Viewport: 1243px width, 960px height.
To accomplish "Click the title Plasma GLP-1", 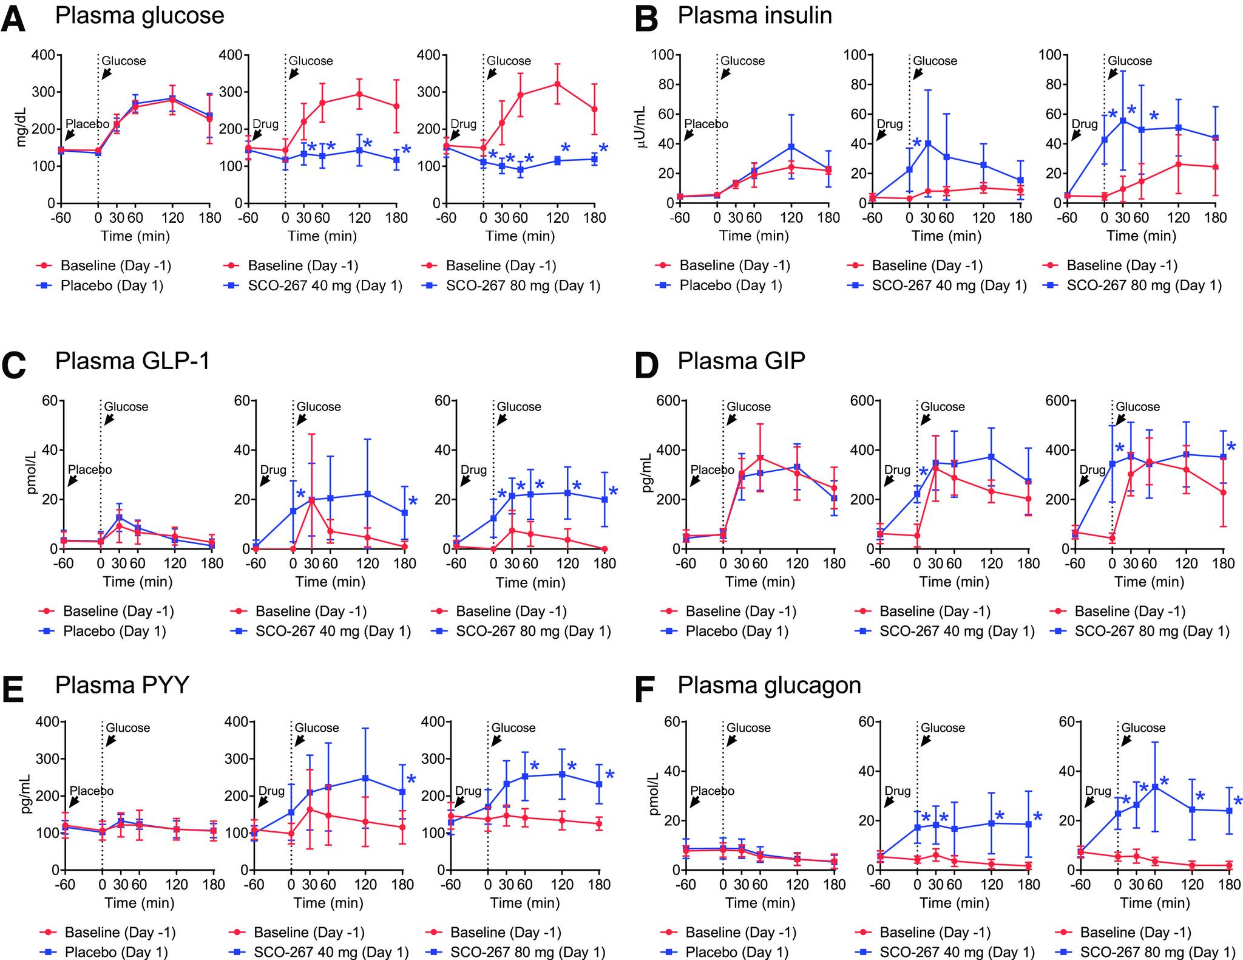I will [x=132, y=361].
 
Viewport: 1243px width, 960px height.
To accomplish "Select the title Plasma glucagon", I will [x=769, y=685].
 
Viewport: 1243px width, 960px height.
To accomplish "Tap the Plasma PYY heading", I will [x=122, y=685].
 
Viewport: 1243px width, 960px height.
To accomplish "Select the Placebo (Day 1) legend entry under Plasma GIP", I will [x=736, y=631].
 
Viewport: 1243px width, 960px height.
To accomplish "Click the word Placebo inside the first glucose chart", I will [x=87, y=124].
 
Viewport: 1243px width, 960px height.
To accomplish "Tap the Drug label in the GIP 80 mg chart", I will [x=1092, y=469].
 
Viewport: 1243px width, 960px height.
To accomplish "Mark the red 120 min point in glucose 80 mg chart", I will [x=557, y=84].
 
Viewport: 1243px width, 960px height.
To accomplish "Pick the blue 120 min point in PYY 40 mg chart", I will [x=365, y=778].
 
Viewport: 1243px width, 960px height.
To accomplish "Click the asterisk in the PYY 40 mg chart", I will [x=411, y=780].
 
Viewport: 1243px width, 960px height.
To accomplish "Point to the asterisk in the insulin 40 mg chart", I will [x=916, y=143].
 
